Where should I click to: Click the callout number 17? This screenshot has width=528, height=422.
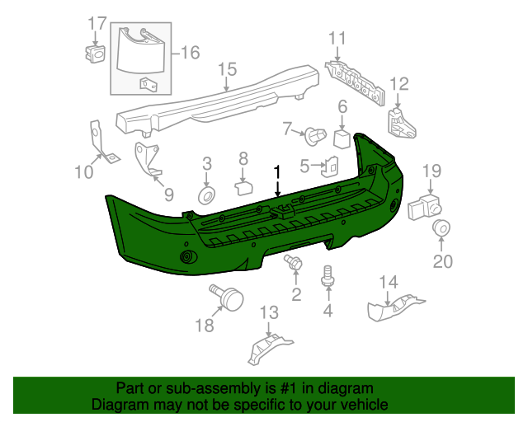coord(97,22)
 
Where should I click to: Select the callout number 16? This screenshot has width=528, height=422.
coord(190,53)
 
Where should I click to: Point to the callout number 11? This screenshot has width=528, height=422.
coord(337,38)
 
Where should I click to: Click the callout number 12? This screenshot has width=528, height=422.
coord(399,82)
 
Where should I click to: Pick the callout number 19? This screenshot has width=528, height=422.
coord(433,171)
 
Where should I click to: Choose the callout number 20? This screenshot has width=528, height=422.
coord(443,262)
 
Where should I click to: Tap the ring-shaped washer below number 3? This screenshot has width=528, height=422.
coord(206,195)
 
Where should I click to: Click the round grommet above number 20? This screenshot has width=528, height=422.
coord(442,228)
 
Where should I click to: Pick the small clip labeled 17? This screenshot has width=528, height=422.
coord(95,54)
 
